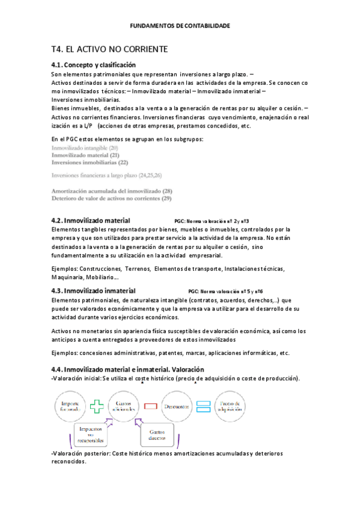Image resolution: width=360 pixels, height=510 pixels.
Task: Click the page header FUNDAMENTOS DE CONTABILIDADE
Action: click(180, 26)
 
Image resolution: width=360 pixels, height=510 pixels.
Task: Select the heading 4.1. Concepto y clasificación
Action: click(94, 64)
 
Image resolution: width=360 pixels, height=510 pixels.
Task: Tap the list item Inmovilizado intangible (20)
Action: click(85, 148)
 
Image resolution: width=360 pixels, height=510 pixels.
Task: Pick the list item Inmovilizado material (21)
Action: click(85, 155)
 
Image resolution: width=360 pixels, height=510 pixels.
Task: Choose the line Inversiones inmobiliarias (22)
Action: click(90, 162)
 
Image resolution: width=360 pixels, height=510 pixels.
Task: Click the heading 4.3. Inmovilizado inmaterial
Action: click(93, 290)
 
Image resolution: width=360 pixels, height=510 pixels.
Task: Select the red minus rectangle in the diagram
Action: click(151, 407)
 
